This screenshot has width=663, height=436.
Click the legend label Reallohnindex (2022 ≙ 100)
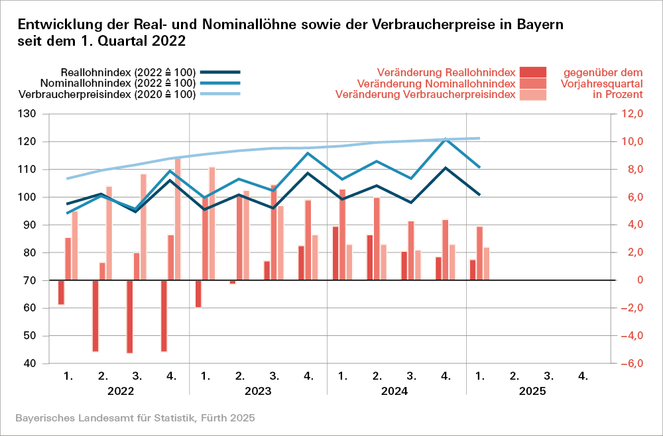coord(128,72)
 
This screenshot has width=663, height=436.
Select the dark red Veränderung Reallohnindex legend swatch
coord(533,72)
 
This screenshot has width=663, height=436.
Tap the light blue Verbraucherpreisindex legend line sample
coord(218,95)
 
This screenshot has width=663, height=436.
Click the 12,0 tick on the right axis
coord(631,114)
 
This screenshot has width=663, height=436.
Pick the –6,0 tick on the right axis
coord(631,364)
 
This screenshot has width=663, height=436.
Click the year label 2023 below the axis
coord(258,392)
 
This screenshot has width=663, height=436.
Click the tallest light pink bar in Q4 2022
coord(178,219)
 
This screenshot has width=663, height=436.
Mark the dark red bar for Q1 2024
coord(335,253)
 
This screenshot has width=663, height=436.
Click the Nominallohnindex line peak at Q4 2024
coord(446,138)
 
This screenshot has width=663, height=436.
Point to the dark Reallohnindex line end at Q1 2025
coord(479,195)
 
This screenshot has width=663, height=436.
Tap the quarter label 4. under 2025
coord(583,376)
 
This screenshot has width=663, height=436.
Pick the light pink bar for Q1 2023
coord(212,223)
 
